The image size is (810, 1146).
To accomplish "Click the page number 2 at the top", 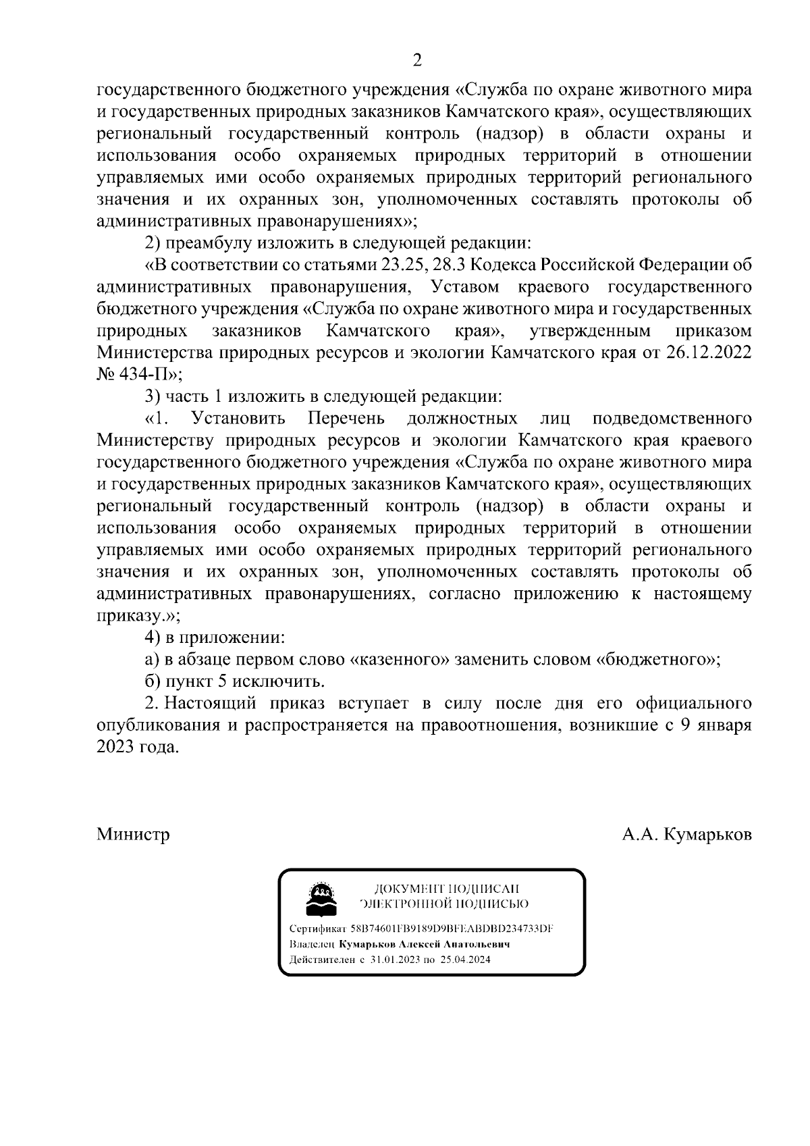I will pos(416,60).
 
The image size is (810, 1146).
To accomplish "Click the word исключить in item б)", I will pos(284,681).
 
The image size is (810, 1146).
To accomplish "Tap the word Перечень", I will pos(347,418).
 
